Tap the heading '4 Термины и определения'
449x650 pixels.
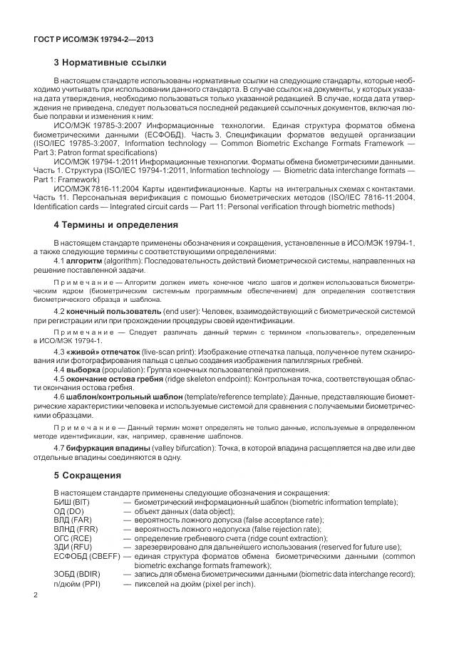[115, 225]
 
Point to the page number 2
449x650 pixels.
[36, 594]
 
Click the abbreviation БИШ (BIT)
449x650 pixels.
[73, 503]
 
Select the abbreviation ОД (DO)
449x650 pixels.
[70, 512]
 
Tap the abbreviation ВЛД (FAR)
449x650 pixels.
[73, 520]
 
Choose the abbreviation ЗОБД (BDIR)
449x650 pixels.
[77, 574]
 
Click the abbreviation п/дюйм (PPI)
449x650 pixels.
[77, 584]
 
